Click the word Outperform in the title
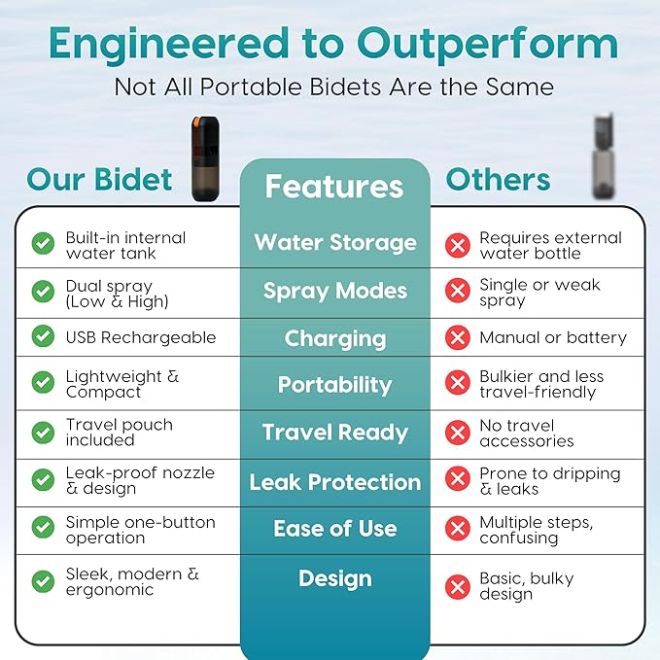point(487,45)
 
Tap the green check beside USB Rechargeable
point(43,336)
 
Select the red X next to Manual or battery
point(458,337)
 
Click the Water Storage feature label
point(335,243)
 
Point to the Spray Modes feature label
point(335,292)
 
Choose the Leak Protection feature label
point(335,482)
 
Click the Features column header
point(334,187)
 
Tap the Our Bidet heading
point(99,180)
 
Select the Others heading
point(498,180)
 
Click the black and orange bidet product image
point(205,159)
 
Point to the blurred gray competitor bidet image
point(603,156)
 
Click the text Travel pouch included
point(120,433)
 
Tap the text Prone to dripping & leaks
point(550,481)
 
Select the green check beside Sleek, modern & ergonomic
point(43,581)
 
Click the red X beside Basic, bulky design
point(458,587)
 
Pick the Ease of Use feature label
point(335,529)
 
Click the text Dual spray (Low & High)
point(117,294)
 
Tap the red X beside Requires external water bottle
point(458,245)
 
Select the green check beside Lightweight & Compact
point(43,382)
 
